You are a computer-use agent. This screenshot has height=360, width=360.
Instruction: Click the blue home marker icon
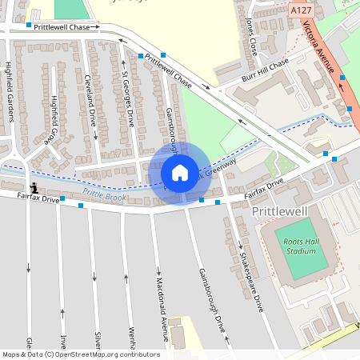(x=180, y=173)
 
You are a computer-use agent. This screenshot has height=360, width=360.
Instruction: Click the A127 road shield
(x=301, y=10)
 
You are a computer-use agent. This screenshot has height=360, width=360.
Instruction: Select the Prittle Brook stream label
(x=103, y=194)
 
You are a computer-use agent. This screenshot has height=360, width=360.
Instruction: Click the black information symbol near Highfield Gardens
(x=33, y=185)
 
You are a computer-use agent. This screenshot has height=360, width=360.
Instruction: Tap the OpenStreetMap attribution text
(x=80, y=354)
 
